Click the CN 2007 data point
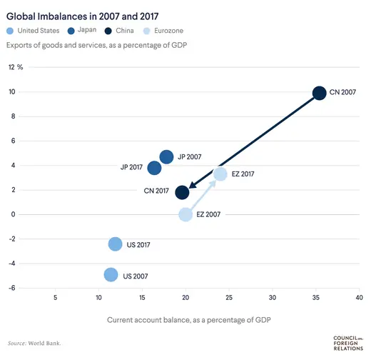pyautogui.click(x=319, y=93)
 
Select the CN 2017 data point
pyautogui.click(x=182, y=192)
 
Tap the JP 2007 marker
pyautogui.click(x=166, y=156)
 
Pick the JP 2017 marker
pyautogui.click(x=154, y=168)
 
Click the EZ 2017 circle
pyautogui.click(x=220, y=174)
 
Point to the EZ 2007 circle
pyautogui.click(x=185, y=214)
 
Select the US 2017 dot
pyautogui.click(x=115, y=244)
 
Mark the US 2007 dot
pyautogui.click(x=110, y=274)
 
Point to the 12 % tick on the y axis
pyautogui.click(x=16, y=67)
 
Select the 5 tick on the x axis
pyautogui.click(x=56, y=298)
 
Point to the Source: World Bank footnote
pyautogui.click(x=35, y=344)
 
